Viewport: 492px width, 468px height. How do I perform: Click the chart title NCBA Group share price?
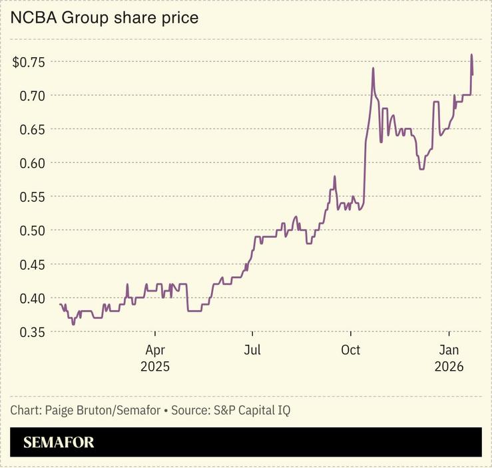coord(104,18)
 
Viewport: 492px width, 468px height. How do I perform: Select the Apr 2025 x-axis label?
coord(155,358)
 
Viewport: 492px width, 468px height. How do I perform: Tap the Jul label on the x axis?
coord(252,350)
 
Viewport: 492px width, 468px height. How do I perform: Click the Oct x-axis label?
coord(350,350)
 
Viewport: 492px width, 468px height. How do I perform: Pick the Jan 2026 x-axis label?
coord(449,358)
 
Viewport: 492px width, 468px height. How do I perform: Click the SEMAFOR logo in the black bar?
coord(59,442)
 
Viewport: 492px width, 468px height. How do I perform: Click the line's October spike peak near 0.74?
coord(373,68)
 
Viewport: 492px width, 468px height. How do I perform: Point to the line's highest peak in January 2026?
coord(471,55)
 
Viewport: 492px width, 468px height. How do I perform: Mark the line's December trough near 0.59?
coord(421,169)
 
